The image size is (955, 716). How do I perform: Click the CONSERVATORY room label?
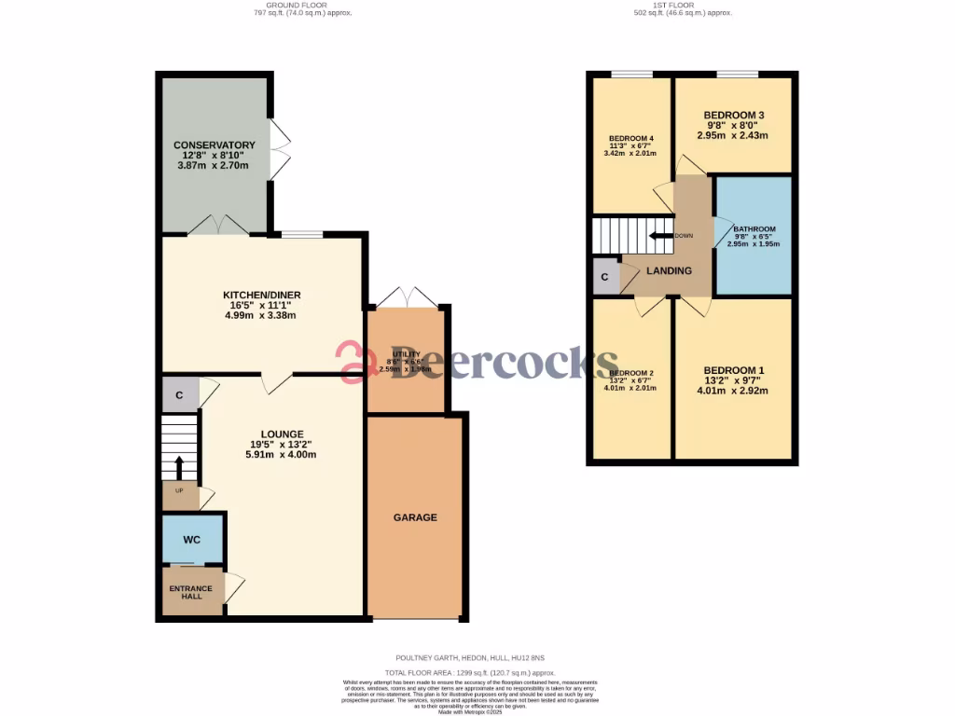tap(214, 145)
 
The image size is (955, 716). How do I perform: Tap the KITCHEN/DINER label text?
tap(261, 296)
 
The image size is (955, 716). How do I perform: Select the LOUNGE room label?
tap(281, 434)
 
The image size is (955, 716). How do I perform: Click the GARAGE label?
tap(415, 517)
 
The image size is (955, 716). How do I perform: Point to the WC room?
tap(191, 540)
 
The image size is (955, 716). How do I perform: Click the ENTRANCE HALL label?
tap(190, 593)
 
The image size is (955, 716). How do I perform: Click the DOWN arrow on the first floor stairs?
tap(662, 236)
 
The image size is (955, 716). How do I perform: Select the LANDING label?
tap(670, 271)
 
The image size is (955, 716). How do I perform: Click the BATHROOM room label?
tap(754, 229)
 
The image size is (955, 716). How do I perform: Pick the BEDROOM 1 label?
tap(733, 370)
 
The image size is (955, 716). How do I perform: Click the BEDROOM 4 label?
tap(630, 139)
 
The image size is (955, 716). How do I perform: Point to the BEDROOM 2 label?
tap(630, 373)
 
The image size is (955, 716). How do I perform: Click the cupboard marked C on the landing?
tap(604, 278)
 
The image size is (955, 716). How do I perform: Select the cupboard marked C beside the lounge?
tap(179, 395)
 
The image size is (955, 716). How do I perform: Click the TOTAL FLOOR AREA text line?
tap(471, 672)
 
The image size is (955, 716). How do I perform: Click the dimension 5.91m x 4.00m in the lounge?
tap(281, 455)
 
